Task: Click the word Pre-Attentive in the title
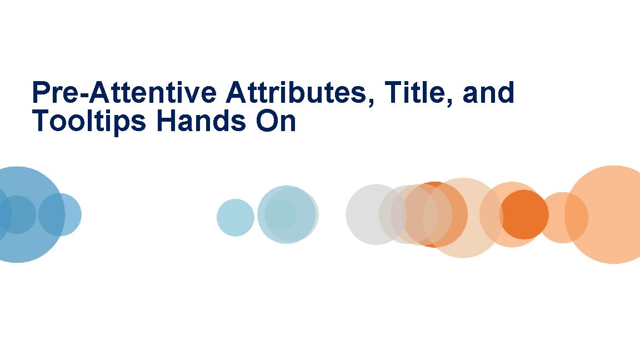click(125, 93)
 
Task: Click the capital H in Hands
click(166, 122)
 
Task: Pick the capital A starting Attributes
click(236, 93)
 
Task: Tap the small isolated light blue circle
click(235, 217)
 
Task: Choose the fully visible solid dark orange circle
click(523, 214)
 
